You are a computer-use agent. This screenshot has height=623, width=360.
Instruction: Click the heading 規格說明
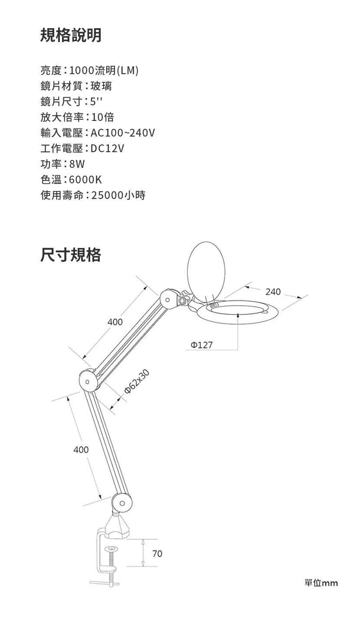tap(71, 35)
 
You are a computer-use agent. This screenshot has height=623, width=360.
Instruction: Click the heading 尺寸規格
tap(71, 254)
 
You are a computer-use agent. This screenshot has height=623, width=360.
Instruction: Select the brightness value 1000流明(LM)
tap(104, 70)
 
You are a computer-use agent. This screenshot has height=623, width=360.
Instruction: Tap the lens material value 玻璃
tap(101, 86)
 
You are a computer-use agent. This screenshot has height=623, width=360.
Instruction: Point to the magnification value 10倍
tap(102, 117)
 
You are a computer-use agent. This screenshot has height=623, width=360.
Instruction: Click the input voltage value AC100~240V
tap(123, 133)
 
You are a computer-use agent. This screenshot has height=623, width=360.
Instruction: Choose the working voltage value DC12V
tap(108, 149)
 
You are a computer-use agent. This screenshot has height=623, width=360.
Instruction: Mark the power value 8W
tap(77, 164)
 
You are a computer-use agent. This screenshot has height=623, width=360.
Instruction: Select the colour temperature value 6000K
tap(85, 179)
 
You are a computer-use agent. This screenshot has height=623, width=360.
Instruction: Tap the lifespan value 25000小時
tap(118, 195)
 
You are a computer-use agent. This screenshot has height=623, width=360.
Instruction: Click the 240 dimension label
tap(273, 292)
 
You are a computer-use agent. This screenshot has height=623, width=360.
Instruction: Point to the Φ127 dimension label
tap(202, 345)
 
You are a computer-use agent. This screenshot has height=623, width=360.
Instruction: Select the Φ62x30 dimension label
tap(137, 382)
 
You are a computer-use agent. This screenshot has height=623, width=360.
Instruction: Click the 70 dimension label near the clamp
tap(157, 554)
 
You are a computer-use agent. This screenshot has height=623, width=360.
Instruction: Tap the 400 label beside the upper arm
tap(115, 322)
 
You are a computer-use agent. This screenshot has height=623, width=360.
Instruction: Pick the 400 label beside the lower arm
tap(81, 450)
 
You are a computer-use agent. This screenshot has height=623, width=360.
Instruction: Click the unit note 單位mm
tap(321, 583)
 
